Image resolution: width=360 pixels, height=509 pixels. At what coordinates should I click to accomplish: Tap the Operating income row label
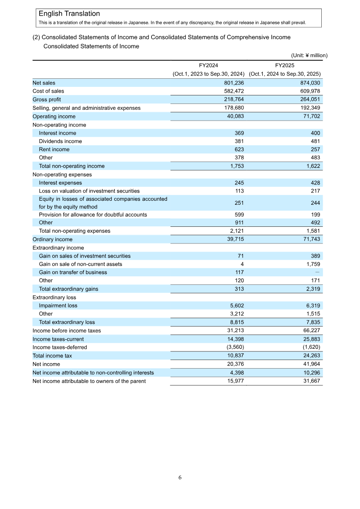[54, 117]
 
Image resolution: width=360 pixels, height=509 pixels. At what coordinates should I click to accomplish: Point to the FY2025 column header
[284, 65]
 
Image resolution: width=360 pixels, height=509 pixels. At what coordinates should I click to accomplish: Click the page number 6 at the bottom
[180, 477]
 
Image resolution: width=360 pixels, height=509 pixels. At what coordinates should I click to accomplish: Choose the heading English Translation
[69, 14]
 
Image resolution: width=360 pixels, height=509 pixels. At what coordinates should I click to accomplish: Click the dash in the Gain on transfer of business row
[318, 272]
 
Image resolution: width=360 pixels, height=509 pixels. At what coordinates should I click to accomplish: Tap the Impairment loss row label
[58, 306]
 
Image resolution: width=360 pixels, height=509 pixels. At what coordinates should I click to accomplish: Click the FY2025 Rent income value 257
[315, 149]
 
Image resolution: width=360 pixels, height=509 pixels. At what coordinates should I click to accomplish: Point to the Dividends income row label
[60, 141]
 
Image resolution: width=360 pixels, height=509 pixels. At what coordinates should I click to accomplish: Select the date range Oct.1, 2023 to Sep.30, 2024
[208, 74]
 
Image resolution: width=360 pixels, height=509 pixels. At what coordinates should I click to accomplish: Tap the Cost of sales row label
[48, 91]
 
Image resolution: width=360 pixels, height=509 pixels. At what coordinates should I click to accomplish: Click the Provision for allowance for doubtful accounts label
[93, 215]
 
